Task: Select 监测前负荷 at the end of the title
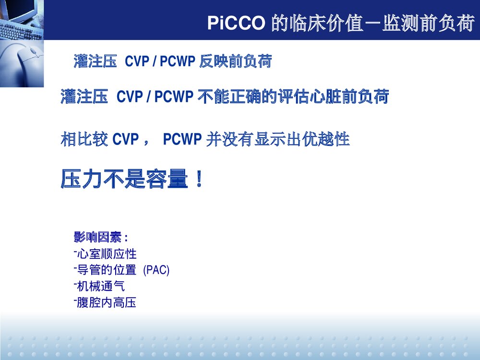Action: (429, 23)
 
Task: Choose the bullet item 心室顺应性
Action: (107, 253)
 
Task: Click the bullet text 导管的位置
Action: (107, 270)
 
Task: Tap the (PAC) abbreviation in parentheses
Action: (156, 270)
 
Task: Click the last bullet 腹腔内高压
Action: (107, 303)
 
